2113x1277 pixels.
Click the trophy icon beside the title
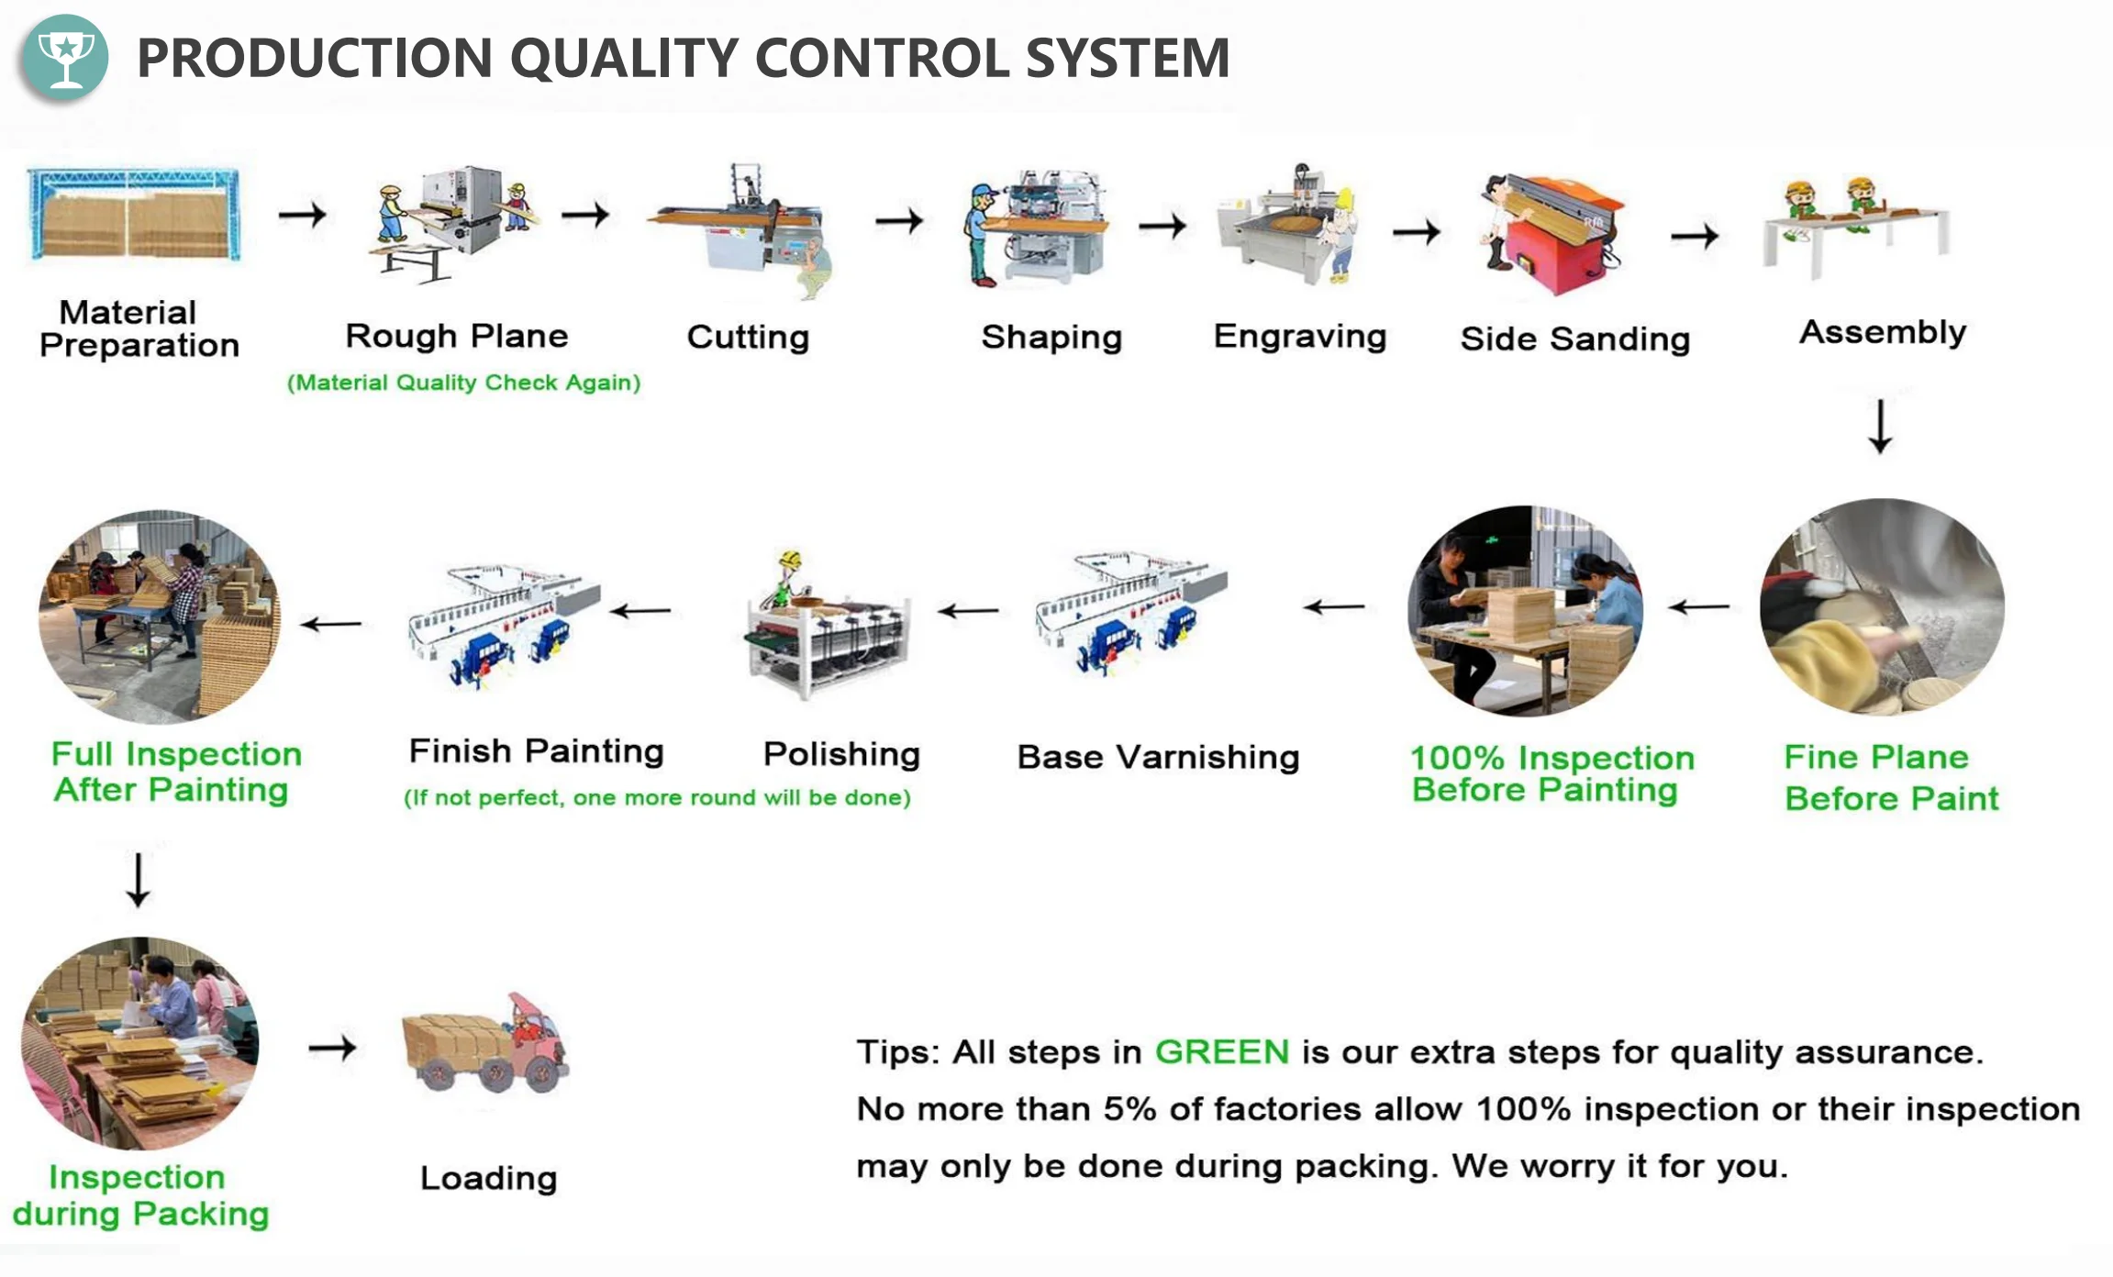(x=64, y=57)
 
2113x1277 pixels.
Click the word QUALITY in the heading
(x=624, y=58)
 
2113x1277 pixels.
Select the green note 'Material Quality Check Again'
(x=463, y=383)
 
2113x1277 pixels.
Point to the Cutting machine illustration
(x=743, y=229)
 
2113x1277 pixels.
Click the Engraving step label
(x=1299, y=337)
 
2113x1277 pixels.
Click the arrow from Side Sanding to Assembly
(x=1694, y=236)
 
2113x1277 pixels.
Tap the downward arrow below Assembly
(x=1880, y=427)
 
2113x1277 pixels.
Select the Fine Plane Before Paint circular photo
(x=1881, y=605)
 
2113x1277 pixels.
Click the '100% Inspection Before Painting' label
(x=1551, y=773)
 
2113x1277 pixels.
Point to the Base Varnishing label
(x=1158, y=758)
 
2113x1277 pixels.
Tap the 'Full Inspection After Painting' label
(x=174, y=772)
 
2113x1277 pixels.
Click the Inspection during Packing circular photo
(x=139, y=1043)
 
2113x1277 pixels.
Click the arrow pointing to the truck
(x=332, y=1047)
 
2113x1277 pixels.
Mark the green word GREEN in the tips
(x=1221, y=1052)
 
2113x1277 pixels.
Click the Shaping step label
(x=1051, y=338)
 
